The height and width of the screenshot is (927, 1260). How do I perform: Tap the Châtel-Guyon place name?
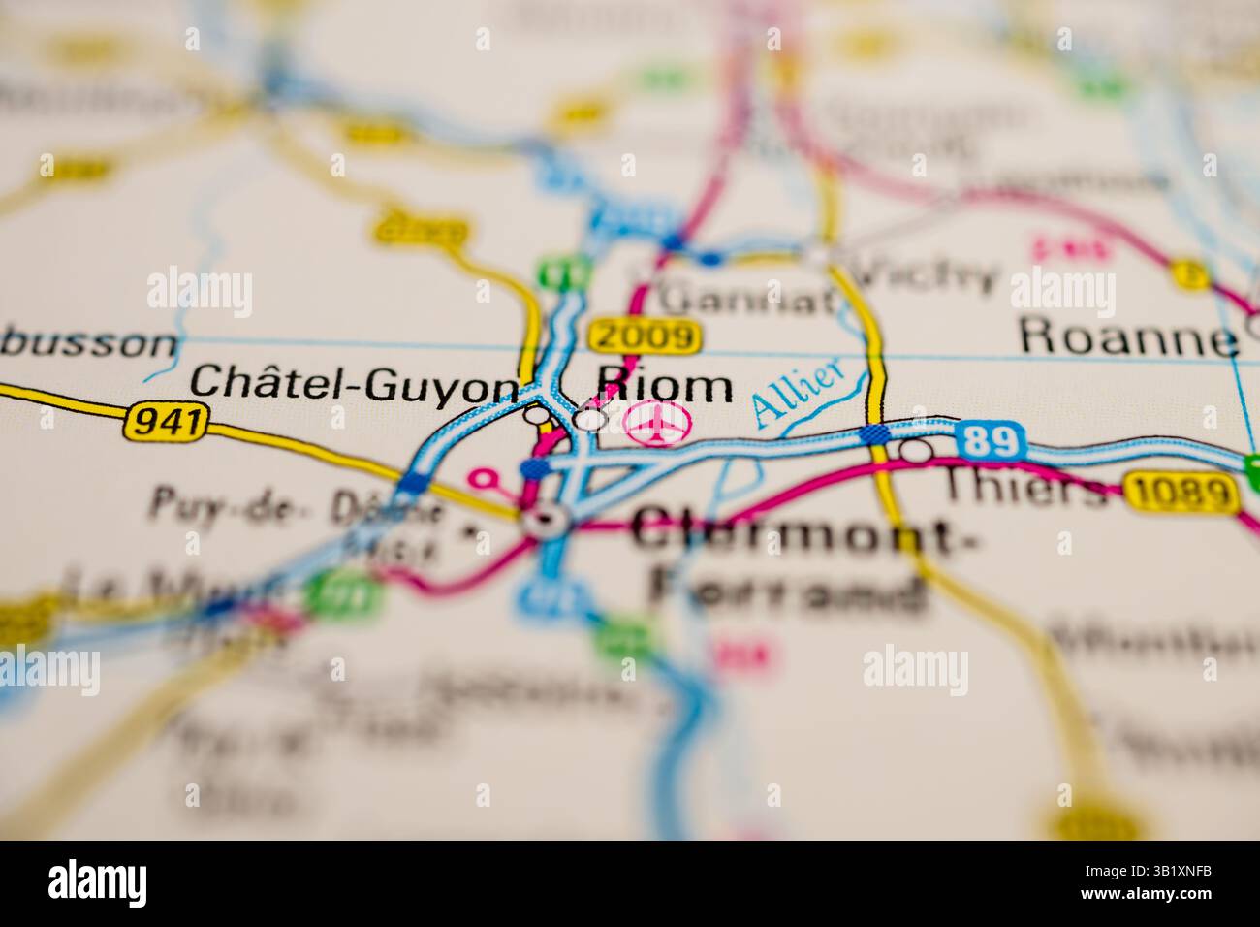tap(354, 384)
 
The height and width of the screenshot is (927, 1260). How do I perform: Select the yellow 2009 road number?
tap(644, 336)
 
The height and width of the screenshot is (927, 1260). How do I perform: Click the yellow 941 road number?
tap(168, 421)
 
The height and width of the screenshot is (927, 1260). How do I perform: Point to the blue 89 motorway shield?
tap(992, 441)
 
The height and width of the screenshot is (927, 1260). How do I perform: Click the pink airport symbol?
tap(659, 424)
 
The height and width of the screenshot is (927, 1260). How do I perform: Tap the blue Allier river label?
tap(797, 393)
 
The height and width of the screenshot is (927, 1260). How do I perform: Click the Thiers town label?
tap(1025, 489)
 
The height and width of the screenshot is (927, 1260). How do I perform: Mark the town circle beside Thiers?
tap(916, 451)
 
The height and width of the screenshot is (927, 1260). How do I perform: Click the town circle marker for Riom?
tap(588, 420)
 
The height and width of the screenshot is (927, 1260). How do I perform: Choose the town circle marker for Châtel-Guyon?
tap(536, 416)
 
